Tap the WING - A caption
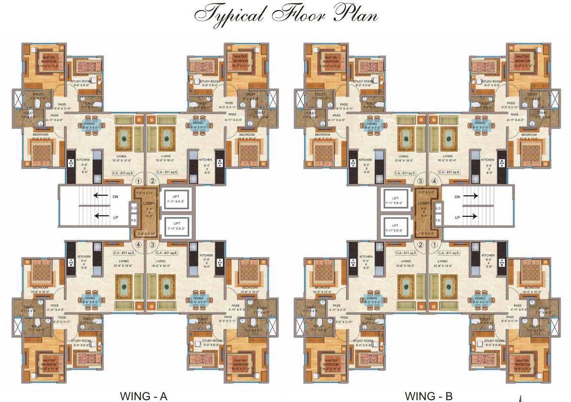[143, 396]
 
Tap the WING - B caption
[428, 396]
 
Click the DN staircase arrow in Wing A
[100, 195]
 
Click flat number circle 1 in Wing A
[138, 181]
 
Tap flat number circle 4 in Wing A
[138, 245]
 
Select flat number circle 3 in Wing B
[420, 181]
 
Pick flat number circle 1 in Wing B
[434, 245]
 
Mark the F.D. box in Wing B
[438, 221]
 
